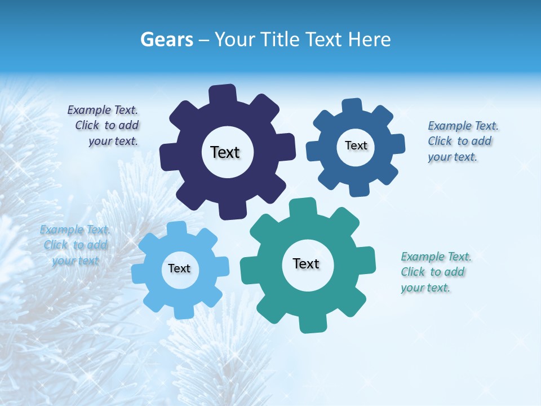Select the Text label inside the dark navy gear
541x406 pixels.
pyautogui.click(x=225, y=152)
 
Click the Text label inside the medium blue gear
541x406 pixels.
pyautogui.click(x=356, y=145)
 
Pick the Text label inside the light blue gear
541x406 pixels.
pyautogui.click(x=179, y=268)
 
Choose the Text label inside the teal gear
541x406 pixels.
pyautogui.click(x=306, y=263)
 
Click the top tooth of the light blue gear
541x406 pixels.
pyautogui.click(x=177, y=228)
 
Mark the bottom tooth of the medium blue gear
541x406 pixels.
pyautogui.click(x=358, y=188)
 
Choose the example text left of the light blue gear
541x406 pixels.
pyautogui.click(x=75, y=245)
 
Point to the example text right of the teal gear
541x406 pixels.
pyautogui.click(x=435, y=272)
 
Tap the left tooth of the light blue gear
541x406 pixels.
pyautogui.click(x=139, y=273)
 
